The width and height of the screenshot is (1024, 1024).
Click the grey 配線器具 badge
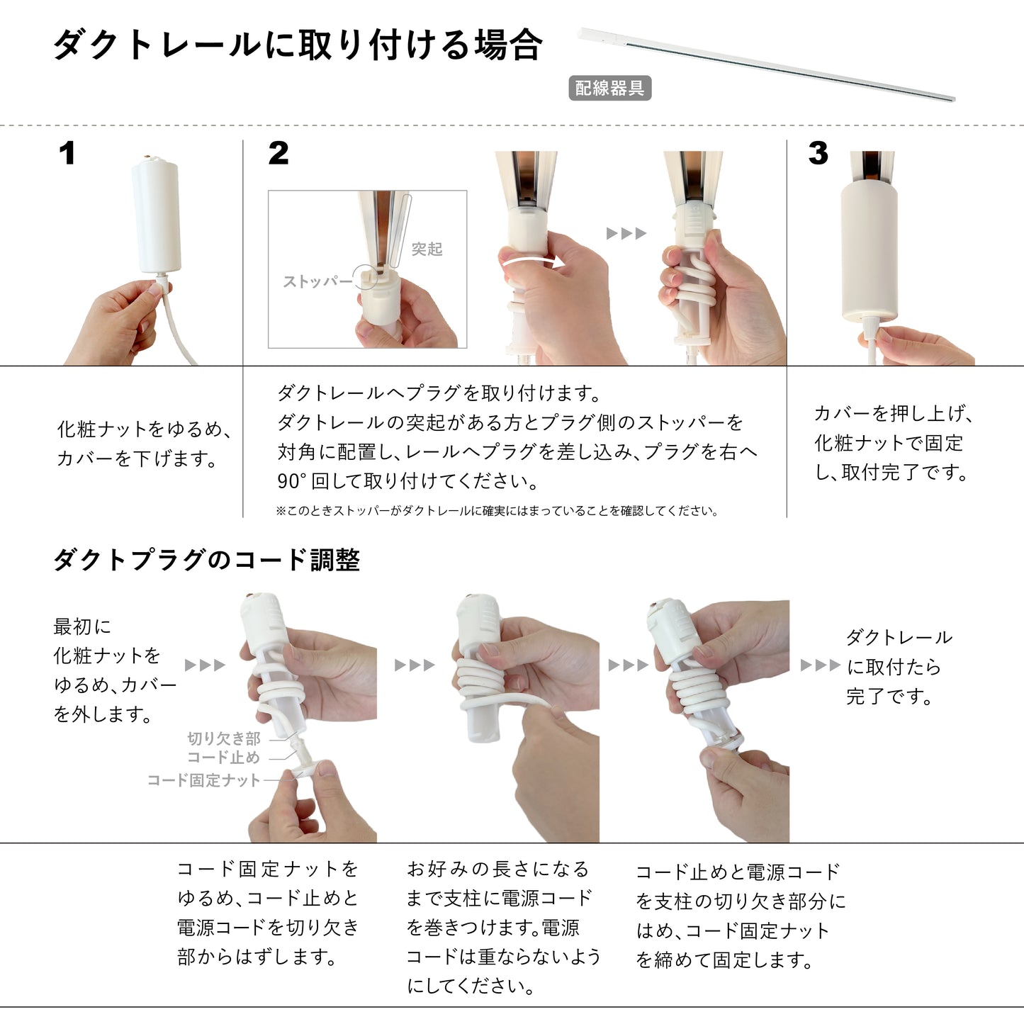[609, 89]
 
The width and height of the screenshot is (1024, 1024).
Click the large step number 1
[67, 154]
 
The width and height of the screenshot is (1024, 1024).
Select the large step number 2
[278, 154]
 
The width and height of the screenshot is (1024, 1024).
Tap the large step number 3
[818, 154]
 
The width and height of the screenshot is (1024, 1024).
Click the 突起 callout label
[427, 249]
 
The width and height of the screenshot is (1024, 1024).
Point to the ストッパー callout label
[317, 282]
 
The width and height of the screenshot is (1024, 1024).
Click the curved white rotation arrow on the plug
[533, 262]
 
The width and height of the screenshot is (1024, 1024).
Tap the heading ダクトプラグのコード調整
[207, 561]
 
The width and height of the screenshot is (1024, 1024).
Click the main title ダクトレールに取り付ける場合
[298, 45]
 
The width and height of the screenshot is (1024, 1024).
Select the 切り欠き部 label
[224, 739]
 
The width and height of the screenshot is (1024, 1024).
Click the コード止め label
[224, 758]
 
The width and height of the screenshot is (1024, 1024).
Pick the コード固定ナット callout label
[204, 781]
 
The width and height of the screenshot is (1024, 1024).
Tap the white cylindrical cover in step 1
[156, 216]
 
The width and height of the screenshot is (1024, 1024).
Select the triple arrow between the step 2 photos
[626, 234]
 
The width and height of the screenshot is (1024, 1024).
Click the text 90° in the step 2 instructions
[291, 482]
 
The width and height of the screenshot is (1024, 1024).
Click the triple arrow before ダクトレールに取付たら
[820, 665]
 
